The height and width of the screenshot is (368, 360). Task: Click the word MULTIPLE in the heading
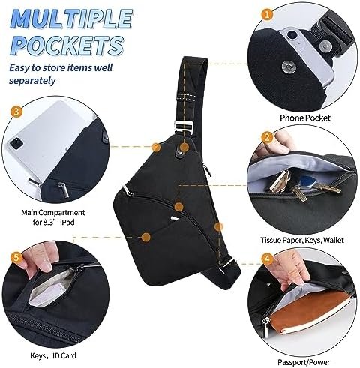(72, 19)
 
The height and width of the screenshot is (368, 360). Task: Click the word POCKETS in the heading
(67, 46)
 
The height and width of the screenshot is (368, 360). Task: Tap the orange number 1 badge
(267, 14)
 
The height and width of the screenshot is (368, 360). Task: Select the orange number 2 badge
(267, 137)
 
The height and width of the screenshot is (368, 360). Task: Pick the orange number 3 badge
(16, 112)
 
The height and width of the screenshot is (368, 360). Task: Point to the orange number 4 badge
(267, 259)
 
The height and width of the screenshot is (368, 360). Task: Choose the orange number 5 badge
(16, 257)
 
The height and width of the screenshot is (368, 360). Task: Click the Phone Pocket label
(305, 118)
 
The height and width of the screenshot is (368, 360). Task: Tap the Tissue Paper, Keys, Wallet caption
(302, 240)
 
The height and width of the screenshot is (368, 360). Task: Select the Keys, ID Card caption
(53, 355)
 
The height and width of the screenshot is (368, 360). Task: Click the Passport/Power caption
(304, 362)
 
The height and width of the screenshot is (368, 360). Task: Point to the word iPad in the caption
(67, 222)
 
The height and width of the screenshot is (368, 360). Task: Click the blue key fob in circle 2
(305, 181)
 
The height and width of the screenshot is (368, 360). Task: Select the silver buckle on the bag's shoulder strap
(184, 127)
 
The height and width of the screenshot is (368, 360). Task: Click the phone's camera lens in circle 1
(291, 35)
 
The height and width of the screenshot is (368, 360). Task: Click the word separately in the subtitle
(32, 81)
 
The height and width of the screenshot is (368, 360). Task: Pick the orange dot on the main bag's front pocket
(145, 237)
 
